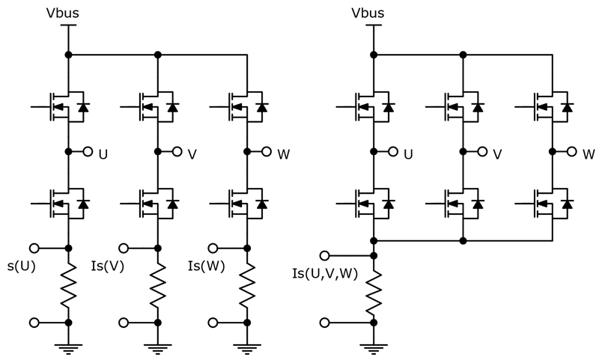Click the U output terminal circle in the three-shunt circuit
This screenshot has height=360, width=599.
coord(88,152)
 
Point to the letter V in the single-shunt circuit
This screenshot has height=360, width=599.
coord(497,155)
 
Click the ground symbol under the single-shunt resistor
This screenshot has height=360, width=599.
coord(374,347)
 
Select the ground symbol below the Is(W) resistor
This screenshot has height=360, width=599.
coord(246,347)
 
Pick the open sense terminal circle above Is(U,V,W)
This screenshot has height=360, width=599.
coord(324,255)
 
